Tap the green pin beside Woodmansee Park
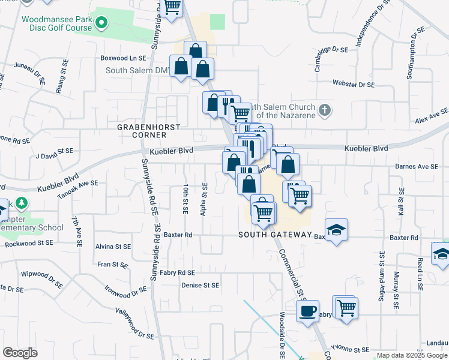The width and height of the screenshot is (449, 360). (x=101, y=23)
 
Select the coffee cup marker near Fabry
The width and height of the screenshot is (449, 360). (x=308, y=311)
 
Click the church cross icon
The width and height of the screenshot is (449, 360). (x=324, y=110)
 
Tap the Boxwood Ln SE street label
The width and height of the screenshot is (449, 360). (x=124, y=59)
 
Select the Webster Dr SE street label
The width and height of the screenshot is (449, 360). (x=354, y=85)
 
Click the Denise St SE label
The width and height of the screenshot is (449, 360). (x=200, y=286)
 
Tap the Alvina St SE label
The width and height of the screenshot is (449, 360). (x=113, y=247)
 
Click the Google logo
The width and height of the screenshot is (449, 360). (x=20, y=353)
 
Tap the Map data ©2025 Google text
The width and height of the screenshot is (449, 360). (x=412, y=356)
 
